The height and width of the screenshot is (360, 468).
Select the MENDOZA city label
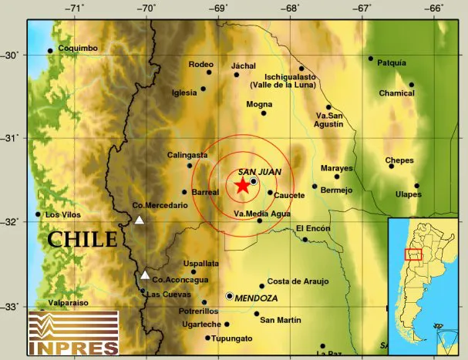click(257, 297)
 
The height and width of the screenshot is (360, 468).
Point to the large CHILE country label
click(82, 239)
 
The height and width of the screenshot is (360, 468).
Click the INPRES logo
click(73, 333)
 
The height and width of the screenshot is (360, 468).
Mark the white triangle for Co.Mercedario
click(140, 220)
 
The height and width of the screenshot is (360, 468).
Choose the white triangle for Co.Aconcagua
click(145, 274)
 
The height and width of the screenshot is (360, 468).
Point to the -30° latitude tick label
click(12, 55)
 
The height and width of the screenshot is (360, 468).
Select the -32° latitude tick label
click(12, 222)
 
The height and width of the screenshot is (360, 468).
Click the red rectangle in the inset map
click(413, 254)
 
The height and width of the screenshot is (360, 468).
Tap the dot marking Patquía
click(371, 59)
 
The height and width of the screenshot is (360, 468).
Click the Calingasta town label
click(187, 155)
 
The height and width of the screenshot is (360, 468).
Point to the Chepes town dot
click(391, 166)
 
